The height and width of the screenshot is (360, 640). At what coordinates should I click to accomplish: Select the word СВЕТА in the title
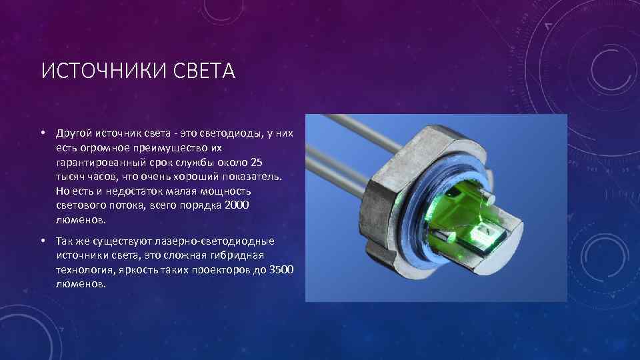point(206,71)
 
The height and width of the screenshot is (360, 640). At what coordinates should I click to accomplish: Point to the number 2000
point(236,205)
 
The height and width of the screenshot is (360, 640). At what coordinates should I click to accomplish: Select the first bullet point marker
point(41,133)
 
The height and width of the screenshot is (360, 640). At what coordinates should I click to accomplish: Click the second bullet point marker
point(41,241)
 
